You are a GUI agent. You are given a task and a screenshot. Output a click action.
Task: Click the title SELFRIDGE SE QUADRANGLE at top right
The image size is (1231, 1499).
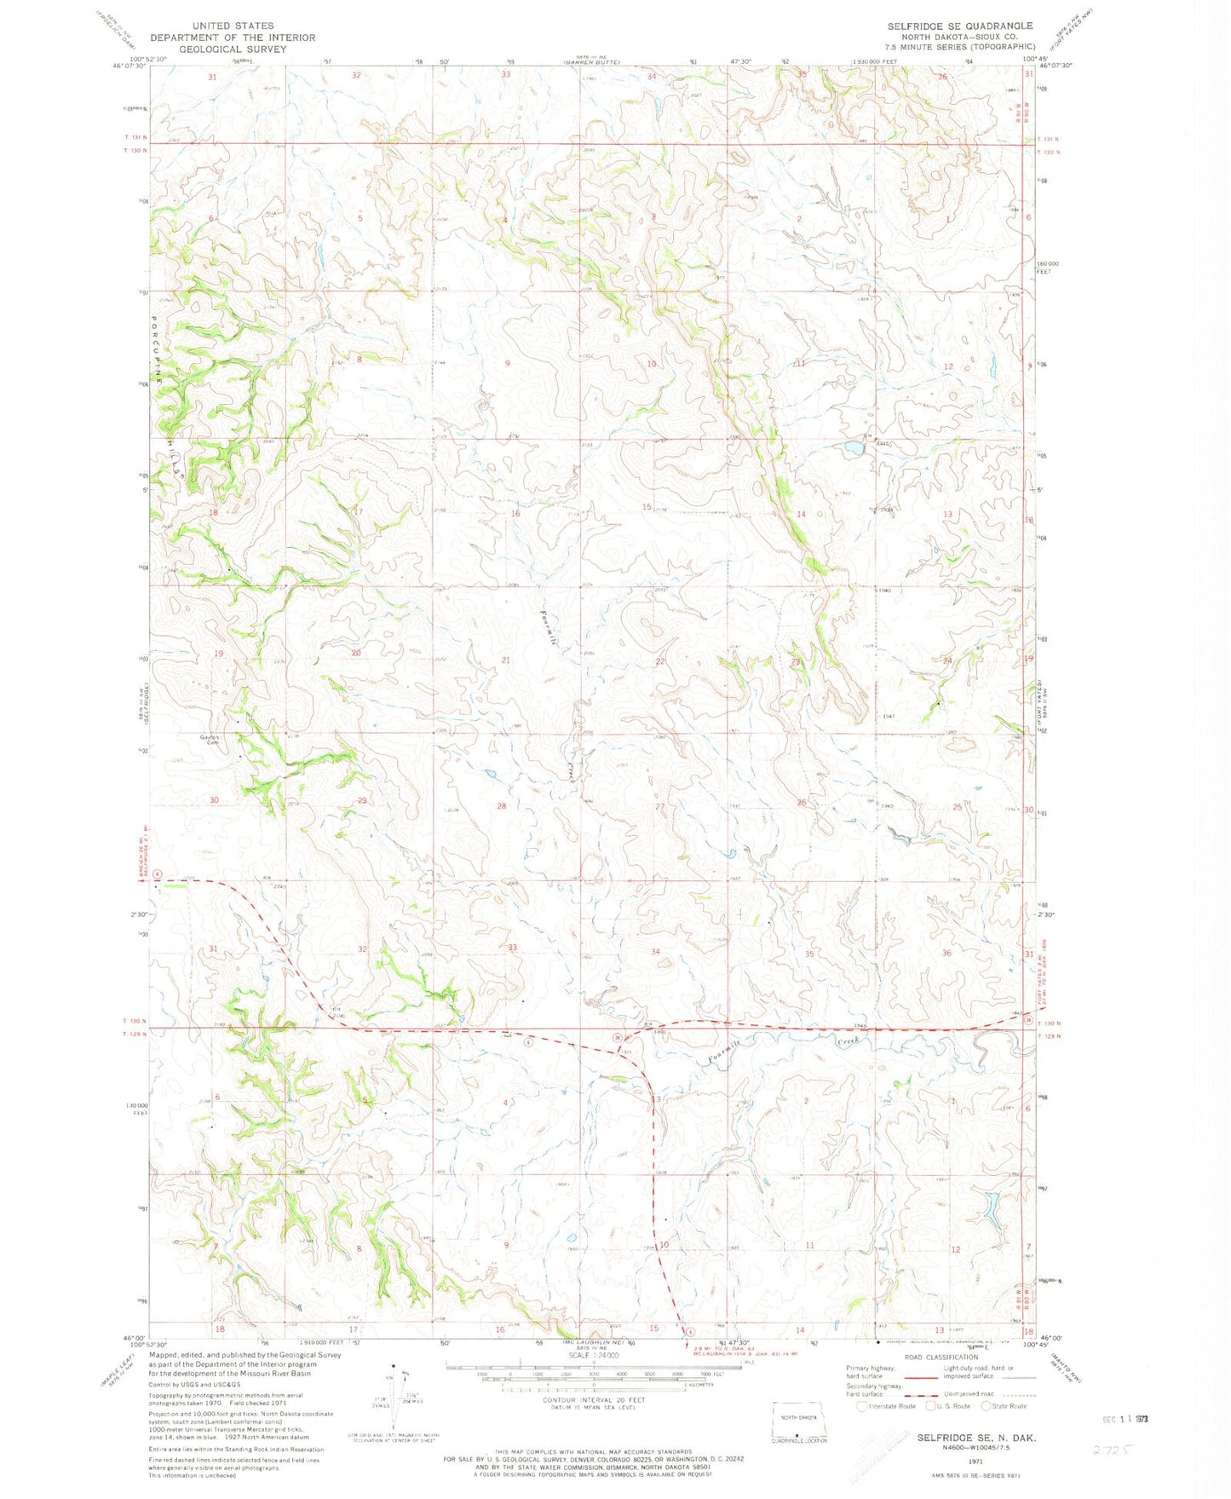pyautogui.click(x=959, y=26)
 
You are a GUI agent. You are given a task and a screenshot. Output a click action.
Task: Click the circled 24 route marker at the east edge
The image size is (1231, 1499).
pyautogui.click(x=1028, y=1020)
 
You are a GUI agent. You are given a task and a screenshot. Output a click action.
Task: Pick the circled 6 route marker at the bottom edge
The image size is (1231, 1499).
pyautogui.click(x=692, y=1332)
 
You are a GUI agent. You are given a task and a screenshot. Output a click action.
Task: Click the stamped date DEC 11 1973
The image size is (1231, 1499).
pyautogui.click(x=1132, y=1419)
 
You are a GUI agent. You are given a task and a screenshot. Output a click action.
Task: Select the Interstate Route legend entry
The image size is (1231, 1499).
pyautogui.click(x=887, y=1406)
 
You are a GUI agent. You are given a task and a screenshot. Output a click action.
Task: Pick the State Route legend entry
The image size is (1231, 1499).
pyautogui.click(x=1005, y=1406)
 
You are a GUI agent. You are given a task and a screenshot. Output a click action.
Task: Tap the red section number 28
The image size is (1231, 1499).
pyautogui.click(x=502, y=806)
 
